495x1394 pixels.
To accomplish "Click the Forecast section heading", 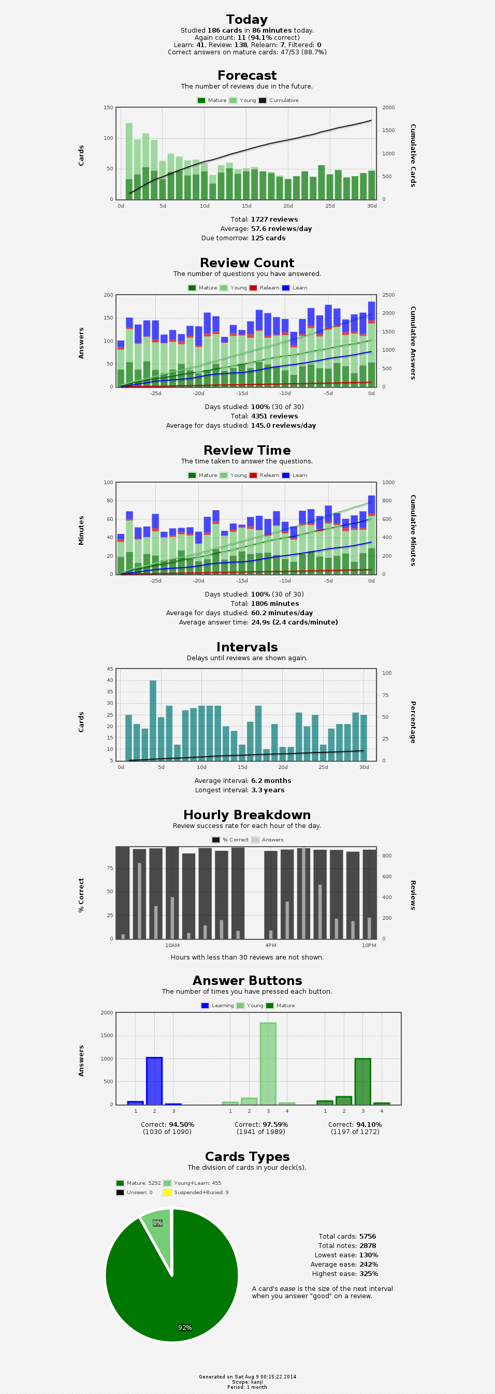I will (x=246, y=76).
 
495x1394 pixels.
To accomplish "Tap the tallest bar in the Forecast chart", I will (x=129, y=161).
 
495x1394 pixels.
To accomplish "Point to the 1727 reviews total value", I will (x=274, y=219).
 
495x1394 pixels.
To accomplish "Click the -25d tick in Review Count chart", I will (x=156, y=394).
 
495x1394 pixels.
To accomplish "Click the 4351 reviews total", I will (x=274, y=416).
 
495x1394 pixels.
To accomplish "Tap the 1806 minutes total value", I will (x=274, y=603).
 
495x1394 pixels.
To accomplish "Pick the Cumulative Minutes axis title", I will (x=413, y=530).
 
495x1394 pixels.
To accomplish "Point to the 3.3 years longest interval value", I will (x=267, y=790).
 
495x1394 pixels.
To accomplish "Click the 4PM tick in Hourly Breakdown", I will (x=270, y=946).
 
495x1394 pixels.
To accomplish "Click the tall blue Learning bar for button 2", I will (x=154, y=1081).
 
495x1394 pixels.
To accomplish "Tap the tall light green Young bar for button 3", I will (x=268, y=1063).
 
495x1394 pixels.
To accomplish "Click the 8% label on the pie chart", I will (x=157, y=1223).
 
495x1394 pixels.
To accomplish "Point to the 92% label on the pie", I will (x=185, y=1327).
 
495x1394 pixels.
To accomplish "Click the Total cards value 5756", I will (x=367, y=1237).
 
